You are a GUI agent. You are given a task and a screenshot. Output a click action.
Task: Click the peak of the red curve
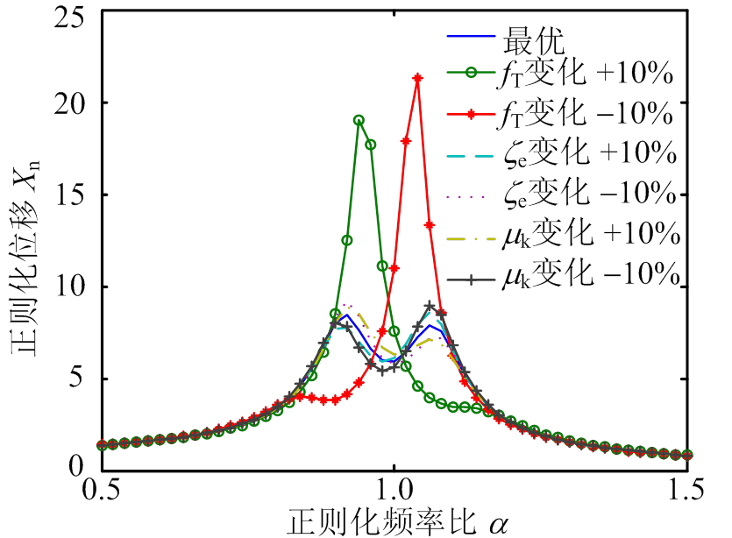(417, 78)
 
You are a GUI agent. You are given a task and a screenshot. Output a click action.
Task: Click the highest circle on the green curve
(359, 120)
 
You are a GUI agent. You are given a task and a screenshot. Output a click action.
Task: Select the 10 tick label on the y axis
(68, 287)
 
